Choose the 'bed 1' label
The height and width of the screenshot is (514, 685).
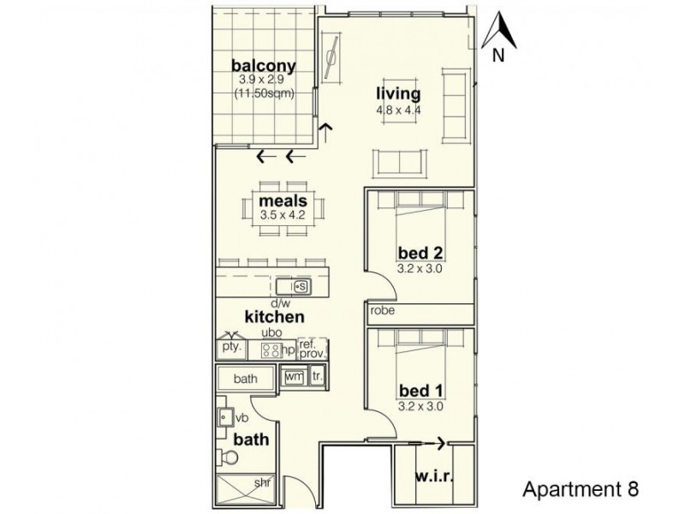(x=420, y=391)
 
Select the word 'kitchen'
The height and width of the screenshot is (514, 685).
(x=275, y=316)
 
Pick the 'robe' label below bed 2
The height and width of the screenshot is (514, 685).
(x=383, y=311)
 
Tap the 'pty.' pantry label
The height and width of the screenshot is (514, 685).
(x=231, y=349)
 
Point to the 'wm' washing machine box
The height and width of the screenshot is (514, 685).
(x=294, y=376)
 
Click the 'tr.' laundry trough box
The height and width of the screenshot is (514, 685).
(x=316, y=376)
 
